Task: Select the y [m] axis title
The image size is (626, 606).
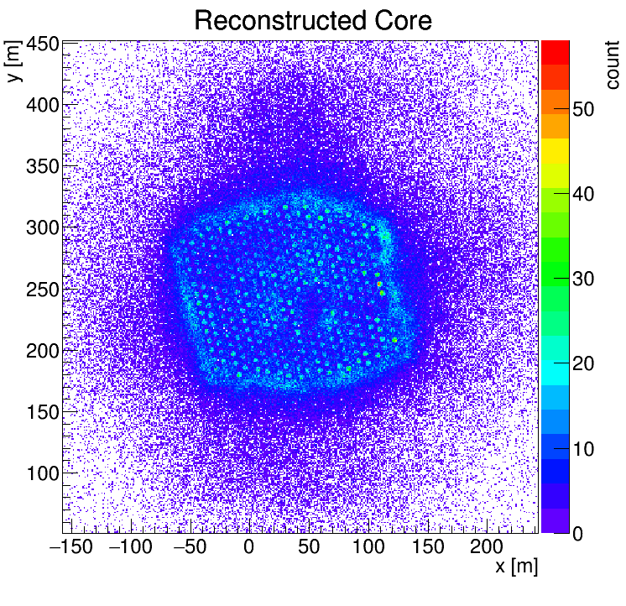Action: click(13, 60)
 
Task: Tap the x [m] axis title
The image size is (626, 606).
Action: click(517, 566)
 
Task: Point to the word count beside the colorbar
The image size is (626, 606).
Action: click(612, 65)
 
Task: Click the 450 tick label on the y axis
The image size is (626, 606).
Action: click(43, 44)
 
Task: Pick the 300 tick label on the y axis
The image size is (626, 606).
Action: click(43, 228)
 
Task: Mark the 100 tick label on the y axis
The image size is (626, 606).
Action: click(43, 473)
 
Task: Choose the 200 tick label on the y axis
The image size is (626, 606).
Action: click(43, 351)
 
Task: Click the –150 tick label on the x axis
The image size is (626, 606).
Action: click(71, 546)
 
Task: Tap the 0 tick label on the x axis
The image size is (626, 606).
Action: click(248, 546)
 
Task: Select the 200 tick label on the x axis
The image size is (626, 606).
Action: click(486, 546)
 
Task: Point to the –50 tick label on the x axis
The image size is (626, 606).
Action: click(190, 546)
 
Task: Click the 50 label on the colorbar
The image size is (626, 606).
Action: click(583, 109)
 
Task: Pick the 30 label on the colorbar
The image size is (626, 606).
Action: click(583, 279)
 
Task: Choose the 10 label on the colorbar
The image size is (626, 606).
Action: click(583, 449)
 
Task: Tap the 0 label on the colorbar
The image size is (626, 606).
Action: click(577, 534)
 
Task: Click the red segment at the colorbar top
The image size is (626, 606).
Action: click(555, 53)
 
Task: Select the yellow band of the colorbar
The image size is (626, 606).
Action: click(555, 151)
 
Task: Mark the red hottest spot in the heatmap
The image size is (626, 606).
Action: click(379, 285)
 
